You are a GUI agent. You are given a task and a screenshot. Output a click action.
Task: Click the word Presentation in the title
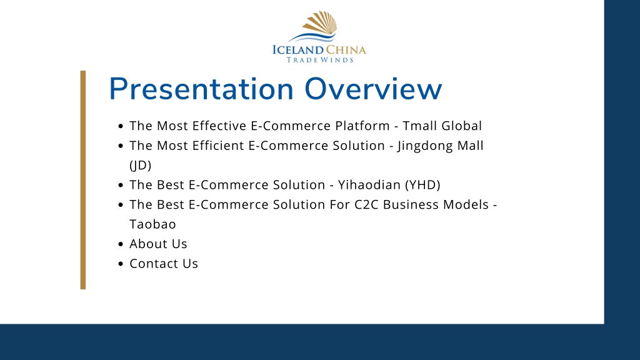[201, 89]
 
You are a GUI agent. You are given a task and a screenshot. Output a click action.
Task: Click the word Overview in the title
[373, 89]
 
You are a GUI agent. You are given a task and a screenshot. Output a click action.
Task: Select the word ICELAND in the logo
[298, 50]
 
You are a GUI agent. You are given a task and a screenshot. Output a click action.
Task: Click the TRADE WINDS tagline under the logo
[320, 60]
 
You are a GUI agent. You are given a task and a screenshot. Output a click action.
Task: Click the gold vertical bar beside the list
[83, 180]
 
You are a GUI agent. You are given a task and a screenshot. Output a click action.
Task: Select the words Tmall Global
[442, 126]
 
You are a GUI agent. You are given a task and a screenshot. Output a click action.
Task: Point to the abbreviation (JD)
[141, 165]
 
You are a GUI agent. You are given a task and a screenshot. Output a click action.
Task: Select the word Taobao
[152, 224]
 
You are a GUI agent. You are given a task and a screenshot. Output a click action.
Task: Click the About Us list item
[158, 244]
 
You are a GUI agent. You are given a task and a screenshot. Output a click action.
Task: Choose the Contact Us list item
[164, 264]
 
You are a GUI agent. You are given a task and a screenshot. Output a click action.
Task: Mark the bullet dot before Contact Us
[121, 264]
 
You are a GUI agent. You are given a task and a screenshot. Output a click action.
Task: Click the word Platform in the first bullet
[362, 126]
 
